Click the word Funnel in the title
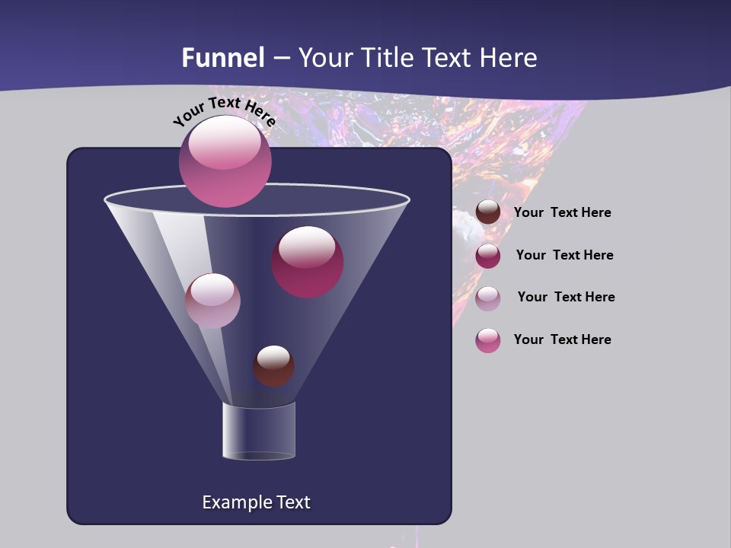(x=223, y=58)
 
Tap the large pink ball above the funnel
(x=225, y=161)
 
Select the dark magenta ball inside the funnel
(x=308, y=262)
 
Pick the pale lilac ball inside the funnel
(x=212, y=301)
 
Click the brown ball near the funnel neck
(x=273, y=365)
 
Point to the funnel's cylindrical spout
(x=259, y=431)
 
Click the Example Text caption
(x=256, y=502)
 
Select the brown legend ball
(x=488, y=212)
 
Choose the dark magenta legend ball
(x=488, y=256)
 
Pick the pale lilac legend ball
(x=488, y=298)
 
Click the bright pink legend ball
(x=488, y=340)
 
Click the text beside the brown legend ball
(x=562, y=213)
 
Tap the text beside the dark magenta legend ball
(x=564, y=255)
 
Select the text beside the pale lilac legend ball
(x=566, y=297)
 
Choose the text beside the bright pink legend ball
(x=562, y=339)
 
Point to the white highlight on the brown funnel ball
(x=273, y=356)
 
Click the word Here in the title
(x=509, y=58)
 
